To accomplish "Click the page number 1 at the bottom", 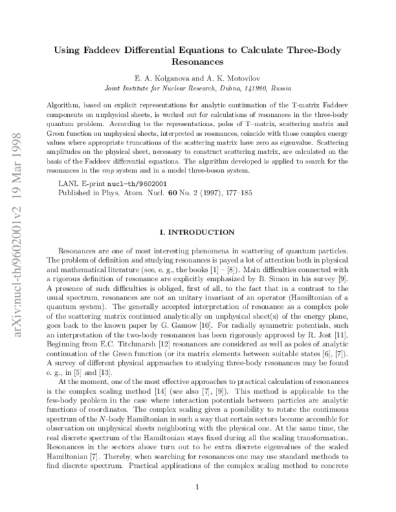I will pyautogui.click(x=198, y=487).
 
